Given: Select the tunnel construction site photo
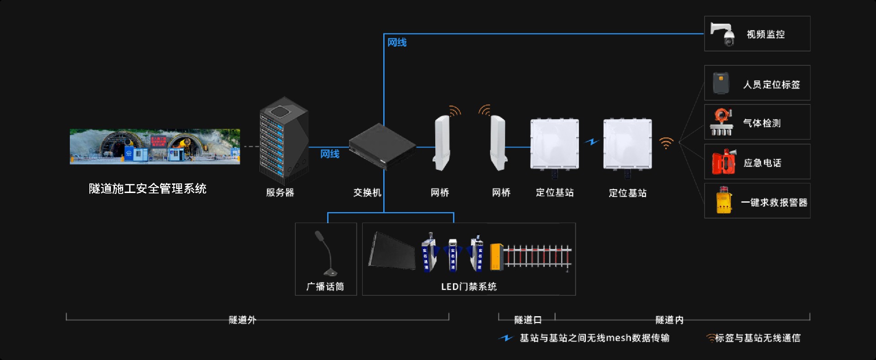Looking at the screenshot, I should point(155,146).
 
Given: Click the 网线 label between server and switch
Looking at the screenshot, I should point(329,154).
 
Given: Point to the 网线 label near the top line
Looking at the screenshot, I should point(396,42).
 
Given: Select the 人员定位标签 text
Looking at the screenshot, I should point(771,84).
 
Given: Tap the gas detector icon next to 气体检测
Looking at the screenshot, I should point(721,122).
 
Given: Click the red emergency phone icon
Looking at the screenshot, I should point(724,162).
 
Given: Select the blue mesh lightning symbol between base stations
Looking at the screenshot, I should point(592,142).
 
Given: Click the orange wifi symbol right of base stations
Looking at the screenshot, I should point(666,143).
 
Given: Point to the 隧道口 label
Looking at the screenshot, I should point(527,320).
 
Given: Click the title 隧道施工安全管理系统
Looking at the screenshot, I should point(147,188).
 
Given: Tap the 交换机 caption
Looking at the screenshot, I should point(367,193).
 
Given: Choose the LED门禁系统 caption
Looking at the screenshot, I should point(469,287).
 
